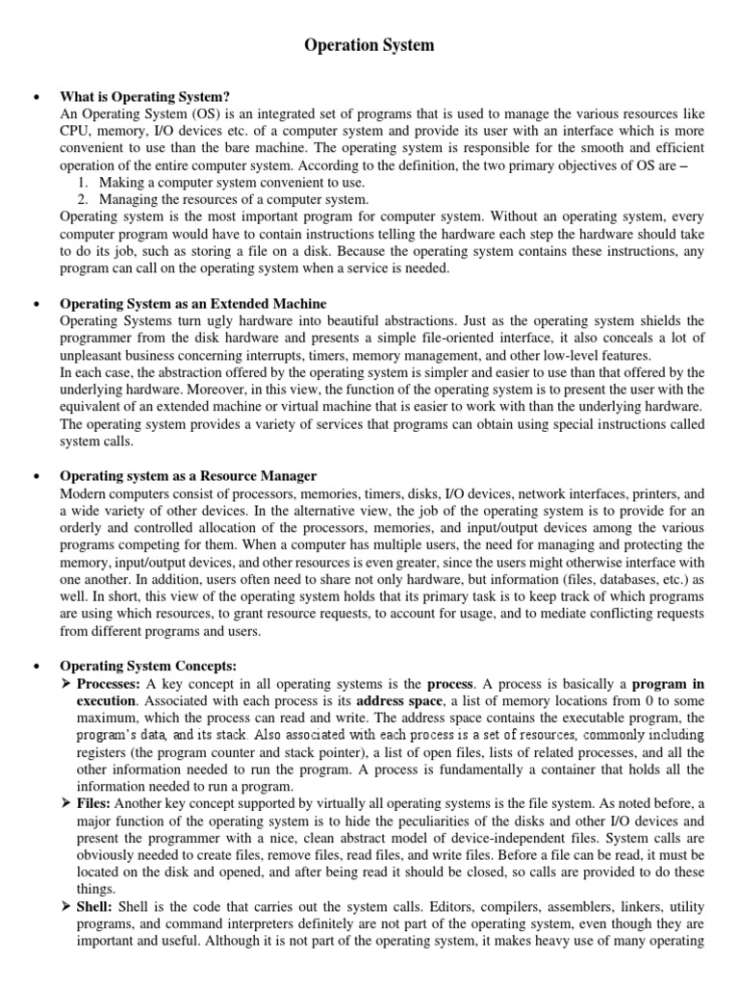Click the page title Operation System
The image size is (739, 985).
(x=369, y=45)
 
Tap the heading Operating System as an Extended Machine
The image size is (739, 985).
(x=193, y=304)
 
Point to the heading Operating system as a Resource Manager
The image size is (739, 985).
(x=189, y=476)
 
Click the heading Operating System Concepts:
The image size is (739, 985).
(x=148, y=666)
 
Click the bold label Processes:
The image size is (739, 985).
(x=108, y=683)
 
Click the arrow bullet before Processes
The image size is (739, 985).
(x=66, y=683)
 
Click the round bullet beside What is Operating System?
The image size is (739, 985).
(x=35, y=96)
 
